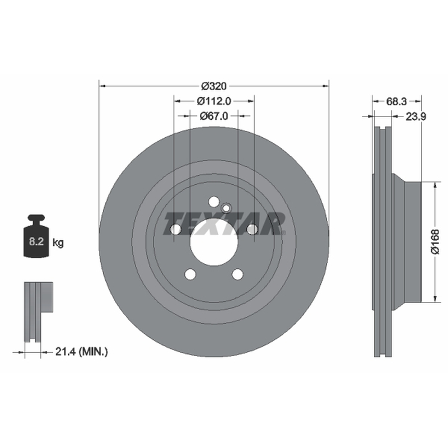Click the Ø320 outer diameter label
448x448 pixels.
click(214, 86)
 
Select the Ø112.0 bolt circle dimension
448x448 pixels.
click(214, 101)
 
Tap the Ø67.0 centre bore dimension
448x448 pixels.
click(214, 116)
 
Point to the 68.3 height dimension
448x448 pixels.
click(396, 101)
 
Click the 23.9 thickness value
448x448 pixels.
click(416, 116)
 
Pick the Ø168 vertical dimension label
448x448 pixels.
click(435, 242)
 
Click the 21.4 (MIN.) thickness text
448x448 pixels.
click(81, 352)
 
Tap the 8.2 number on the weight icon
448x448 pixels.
click(36, 241)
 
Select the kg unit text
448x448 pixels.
click(58, 243)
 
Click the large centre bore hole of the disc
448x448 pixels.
click(214, 242)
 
